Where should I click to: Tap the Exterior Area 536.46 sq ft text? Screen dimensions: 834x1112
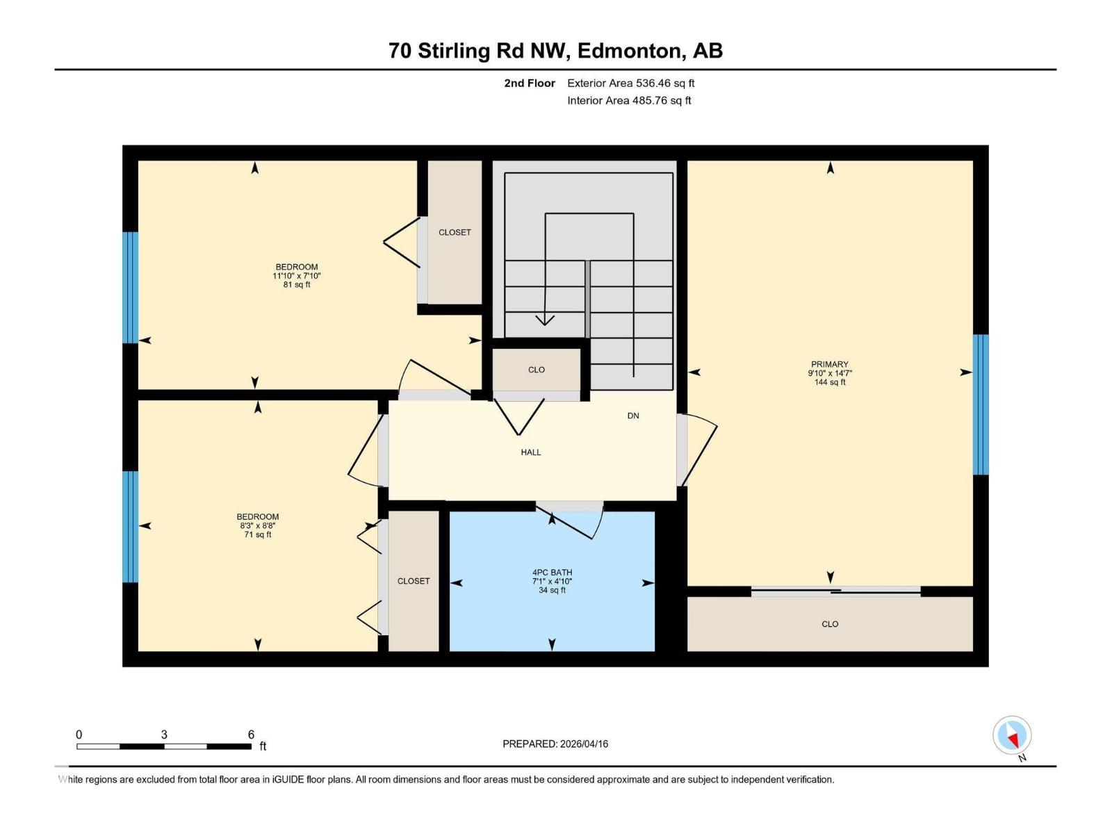630,83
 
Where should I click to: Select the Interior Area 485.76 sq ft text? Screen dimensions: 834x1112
629,100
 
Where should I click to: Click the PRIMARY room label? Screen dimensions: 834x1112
829,364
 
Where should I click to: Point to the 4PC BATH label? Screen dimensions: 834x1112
552,573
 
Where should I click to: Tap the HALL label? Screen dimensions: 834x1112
531,452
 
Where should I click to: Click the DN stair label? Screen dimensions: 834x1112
633,416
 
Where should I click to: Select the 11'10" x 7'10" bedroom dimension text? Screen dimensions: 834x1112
297,276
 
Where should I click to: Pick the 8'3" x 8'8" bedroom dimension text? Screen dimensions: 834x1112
258,526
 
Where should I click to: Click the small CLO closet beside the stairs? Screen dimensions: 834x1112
537,370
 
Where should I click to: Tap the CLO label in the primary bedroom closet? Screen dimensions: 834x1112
830,624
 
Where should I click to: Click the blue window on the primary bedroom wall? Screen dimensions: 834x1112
980,404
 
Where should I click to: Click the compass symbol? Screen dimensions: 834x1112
1012,736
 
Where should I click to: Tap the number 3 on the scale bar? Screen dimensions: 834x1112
164,735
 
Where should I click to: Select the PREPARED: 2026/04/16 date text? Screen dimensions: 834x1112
555,744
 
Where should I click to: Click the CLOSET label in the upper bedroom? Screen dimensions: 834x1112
455,232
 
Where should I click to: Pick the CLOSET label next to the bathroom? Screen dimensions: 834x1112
414,581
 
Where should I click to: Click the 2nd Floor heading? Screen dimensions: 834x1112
530,83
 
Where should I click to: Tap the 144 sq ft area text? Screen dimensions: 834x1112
830,382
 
